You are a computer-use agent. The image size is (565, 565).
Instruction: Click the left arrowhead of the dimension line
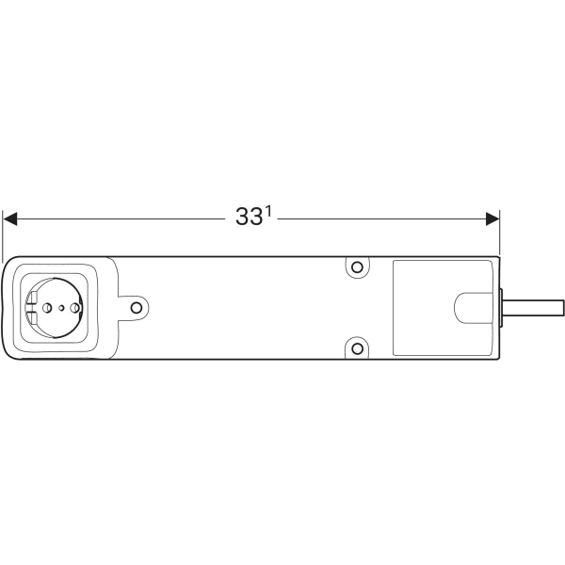coord(10,218)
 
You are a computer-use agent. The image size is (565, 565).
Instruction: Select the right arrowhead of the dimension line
coord(492,218)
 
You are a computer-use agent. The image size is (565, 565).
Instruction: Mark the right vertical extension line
coord(499,235)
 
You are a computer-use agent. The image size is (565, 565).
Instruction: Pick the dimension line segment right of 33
coord(377,218)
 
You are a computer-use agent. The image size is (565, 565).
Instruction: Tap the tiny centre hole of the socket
coord(62,308)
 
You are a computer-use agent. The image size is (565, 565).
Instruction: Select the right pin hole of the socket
coord(76,308)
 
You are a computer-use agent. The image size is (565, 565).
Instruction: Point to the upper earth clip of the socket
coord(33,300)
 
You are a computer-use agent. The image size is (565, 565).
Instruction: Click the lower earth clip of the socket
coord(33,315)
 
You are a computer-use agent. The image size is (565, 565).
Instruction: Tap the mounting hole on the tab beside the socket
coord(137,308)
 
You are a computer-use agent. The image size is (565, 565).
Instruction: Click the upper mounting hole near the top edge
coord(357,267)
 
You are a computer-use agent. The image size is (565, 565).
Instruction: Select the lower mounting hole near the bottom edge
coord(357,347)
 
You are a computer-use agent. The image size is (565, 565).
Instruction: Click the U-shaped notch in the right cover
coord(471,308)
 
